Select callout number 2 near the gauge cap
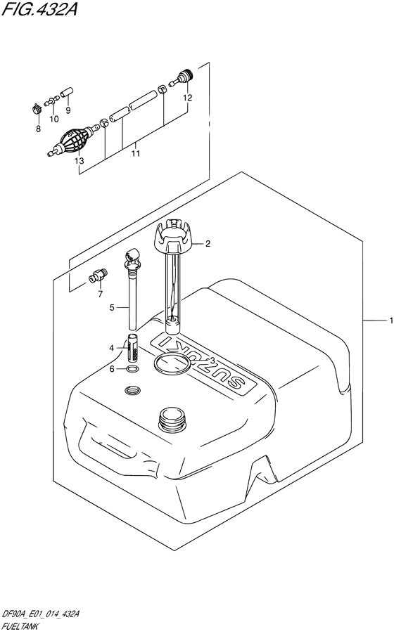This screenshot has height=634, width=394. point(208,244)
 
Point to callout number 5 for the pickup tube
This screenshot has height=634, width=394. point(111,307)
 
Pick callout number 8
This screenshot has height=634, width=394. point(38,129)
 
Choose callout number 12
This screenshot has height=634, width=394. point(187,98)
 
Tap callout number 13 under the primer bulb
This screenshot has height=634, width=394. point(79,161)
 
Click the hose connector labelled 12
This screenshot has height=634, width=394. point(184,75)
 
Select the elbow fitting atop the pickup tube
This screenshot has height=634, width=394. point(132,259)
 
